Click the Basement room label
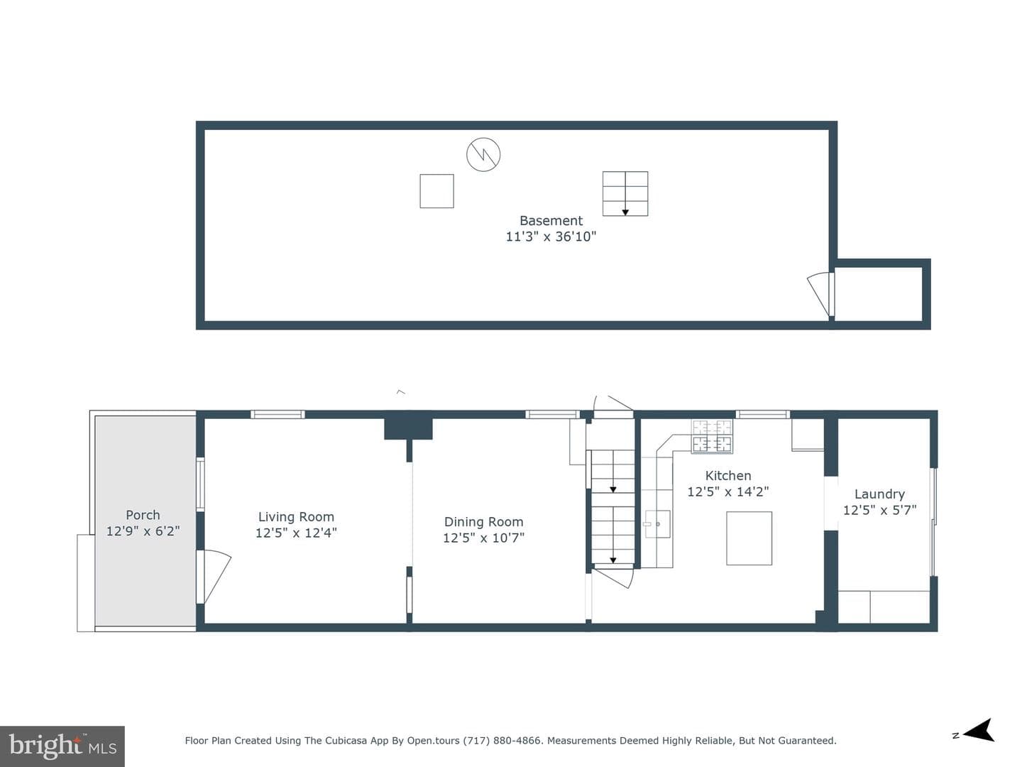(551, 220)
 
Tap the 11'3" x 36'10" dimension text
(551, 236)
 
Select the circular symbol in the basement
(483, 154)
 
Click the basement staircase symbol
(625, 193)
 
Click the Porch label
(143, 515)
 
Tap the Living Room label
(296, 517)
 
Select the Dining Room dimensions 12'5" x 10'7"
(483, 538)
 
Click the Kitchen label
(728, 476)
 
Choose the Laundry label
(879, 494)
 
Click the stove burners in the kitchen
(712, 436)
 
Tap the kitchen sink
(657, 524)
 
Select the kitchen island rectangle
(749, 538)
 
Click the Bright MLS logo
(62, 746)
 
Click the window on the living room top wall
(278, 415)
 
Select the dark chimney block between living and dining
(408, 428)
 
